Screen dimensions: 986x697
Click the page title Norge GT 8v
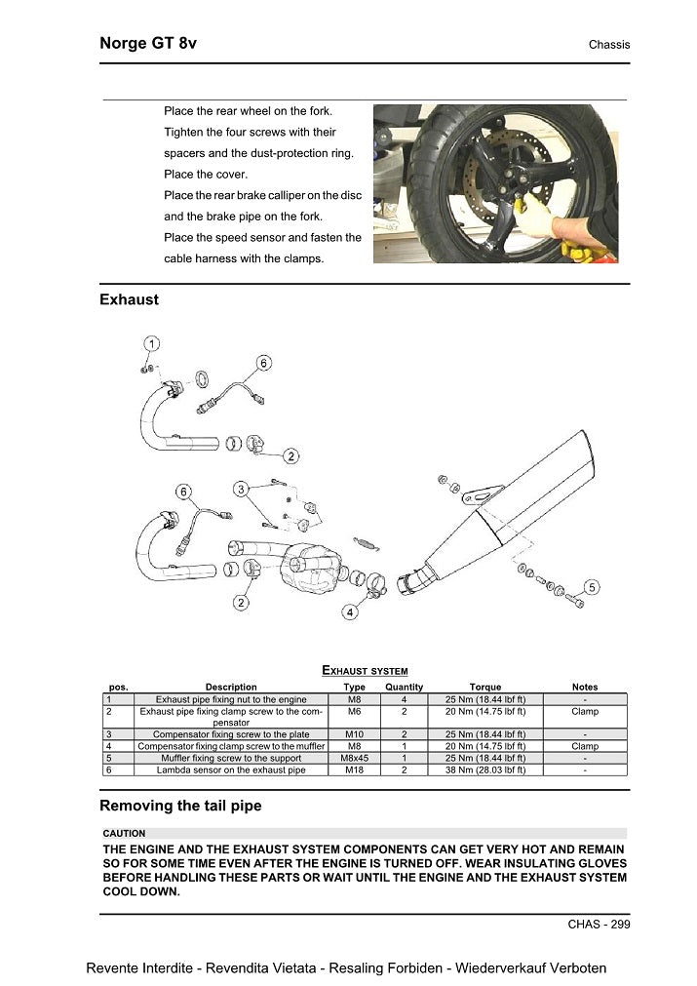tap(148, 44)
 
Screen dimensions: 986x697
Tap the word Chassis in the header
tap(608, 45)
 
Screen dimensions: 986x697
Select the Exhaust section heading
tap(129, 299)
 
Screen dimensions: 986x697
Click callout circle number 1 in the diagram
tap(153, 343)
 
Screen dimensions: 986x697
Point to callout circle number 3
tap(240, 488)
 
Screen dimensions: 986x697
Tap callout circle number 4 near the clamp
tap(349, 612)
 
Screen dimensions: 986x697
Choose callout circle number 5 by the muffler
tap(592, 587)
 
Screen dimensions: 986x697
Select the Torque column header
tap(485, 687)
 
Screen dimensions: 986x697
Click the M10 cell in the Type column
tap(355, 734)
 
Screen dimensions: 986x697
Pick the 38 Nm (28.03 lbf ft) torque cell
tap(485, 769)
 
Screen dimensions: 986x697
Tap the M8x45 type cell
tap(355, 758)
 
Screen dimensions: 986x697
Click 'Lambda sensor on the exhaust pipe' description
tap(231, 769)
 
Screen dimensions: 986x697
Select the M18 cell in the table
tap(355, 769)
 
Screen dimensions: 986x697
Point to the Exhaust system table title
tap(364, 670)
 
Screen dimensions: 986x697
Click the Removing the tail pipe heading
tap(180, 806)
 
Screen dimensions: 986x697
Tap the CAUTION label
tap(124, 834)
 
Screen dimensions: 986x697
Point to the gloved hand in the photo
tap(575, 232)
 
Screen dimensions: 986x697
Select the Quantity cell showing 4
tap(404, 699)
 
